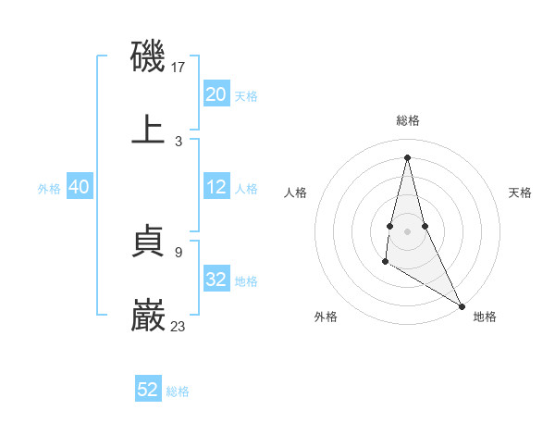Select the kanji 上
149,130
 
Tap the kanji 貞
149,242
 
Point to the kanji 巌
149,316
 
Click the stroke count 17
179,68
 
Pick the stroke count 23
179,326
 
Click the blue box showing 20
216,94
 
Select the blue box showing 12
216,187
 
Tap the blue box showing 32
216,280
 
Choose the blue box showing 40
80,187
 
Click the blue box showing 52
148,390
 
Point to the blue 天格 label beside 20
246,96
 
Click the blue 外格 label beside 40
49,189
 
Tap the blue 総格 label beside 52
178,391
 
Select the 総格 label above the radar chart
407,120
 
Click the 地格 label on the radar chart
485,317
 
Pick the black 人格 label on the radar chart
296,193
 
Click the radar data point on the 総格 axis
407,156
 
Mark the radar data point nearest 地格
462,306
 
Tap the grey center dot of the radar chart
407,230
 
